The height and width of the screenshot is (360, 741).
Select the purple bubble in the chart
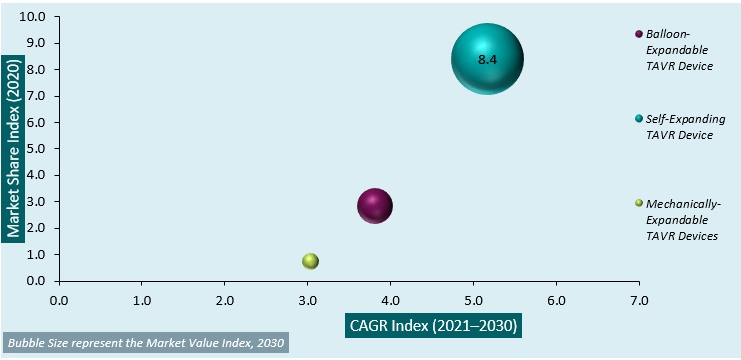[375, 207]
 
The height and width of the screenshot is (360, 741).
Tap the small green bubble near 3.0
[310, 261]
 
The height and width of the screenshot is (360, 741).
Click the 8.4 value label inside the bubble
[487, 60]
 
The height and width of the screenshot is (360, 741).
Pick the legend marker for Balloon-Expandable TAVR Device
[638, 34]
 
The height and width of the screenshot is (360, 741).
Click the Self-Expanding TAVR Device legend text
[679, 126]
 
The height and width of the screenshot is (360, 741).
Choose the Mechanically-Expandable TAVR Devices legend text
[683, 219]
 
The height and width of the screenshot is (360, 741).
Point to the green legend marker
[638, 203]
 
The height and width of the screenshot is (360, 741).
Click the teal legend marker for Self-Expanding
[638, 118]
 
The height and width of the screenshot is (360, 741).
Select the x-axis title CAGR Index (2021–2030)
[434, 325]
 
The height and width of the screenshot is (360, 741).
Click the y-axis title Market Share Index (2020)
[14, 148]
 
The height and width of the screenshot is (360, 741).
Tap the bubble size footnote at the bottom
[146, 344]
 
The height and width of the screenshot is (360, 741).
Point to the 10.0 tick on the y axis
[34, 17]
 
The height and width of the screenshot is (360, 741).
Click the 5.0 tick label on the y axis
[38, 149]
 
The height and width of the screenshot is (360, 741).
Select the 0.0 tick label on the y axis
[38, 281]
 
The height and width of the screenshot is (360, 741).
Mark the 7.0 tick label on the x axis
[639, 298]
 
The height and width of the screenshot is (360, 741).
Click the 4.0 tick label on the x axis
[390, 298]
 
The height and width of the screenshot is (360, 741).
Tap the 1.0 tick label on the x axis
[141, 298]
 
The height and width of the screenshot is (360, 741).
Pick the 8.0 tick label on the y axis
[38, 70]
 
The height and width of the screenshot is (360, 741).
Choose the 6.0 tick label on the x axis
[556, 298]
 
